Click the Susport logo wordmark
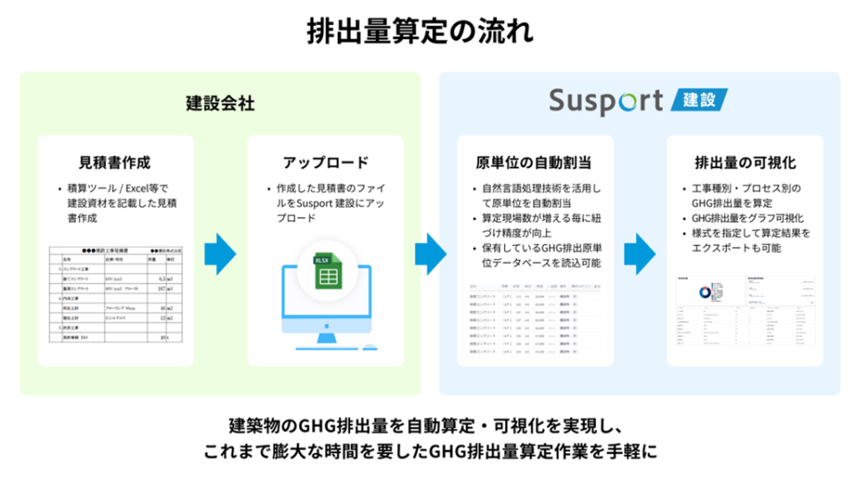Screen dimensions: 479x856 click(606, 101)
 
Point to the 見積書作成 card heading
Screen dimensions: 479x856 click(115, 162)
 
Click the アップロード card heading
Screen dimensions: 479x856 click(325, 162)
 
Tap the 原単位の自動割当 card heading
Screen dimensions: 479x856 click(534, 162)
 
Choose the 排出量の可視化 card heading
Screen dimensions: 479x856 click(745, 162)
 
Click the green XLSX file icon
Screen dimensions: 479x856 click(326, 270)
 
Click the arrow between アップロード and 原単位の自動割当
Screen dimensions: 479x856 click(431, 250)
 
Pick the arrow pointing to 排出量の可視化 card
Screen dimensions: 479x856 click(639, 250)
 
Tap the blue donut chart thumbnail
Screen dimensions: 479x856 click(704, 290)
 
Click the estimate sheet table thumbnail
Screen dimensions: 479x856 click(115, 293)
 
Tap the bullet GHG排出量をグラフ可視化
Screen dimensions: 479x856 click(748, 218)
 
